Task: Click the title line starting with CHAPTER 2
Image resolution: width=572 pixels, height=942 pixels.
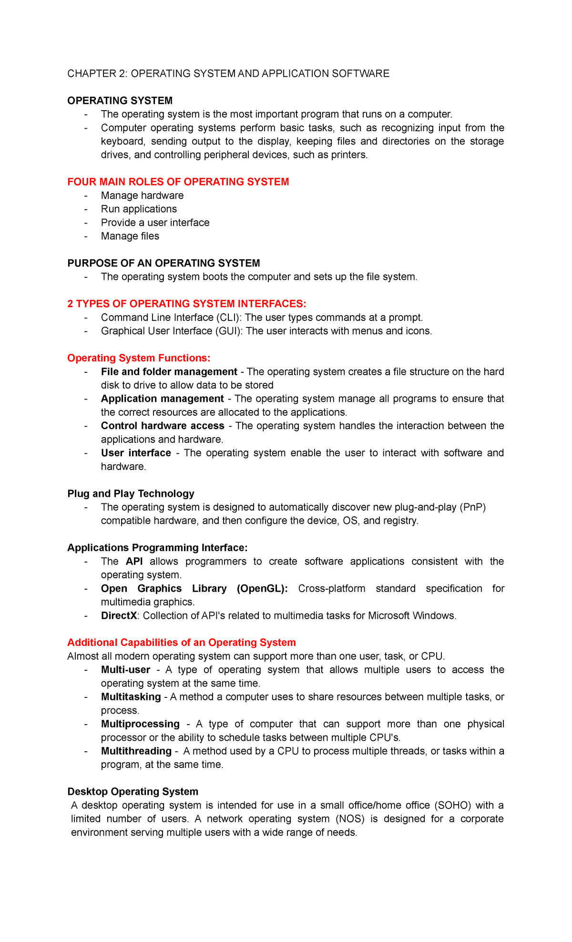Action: coord(228,73)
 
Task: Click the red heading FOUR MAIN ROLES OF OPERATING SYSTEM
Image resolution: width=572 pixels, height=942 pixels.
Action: coord(178,182)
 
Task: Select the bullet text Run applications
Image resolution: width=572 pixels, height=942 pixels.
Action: coord(139,209)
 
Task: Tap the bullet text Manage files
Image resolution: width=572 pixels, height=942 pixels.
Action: coord(130,236)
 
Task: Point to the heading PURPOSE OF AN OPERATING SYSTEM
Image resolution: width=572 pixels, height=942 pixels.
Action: coord(163,263)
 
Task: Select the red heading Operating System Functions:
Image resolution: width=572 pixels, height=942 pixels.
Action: coord(139,358)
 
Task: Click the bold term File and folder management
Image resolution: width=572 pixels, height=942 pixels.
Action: coord(169,371)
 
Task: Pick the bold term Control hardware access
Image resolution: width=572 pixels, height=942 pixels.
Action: coord(163,426)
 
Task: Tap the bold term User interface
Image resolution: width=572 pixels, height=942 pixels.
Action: coord(136,453)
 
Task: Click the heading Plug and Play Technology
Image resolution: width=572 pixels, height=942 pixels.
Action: coord(131,493)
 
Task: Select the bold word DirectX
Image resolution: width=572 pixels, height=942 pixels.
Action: coord(119,615)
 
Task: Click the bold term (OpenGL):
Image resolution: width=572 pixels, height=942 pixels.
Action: coord(262,588)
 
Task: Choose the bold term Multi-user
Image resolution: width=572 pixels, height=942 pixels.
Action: coord(125,670)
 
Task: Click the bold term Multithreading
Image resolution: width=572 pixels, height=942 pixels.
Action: coord(136,751)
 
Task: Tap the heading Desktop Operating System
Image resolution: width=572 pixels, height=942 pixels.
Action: coord(133,791)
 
